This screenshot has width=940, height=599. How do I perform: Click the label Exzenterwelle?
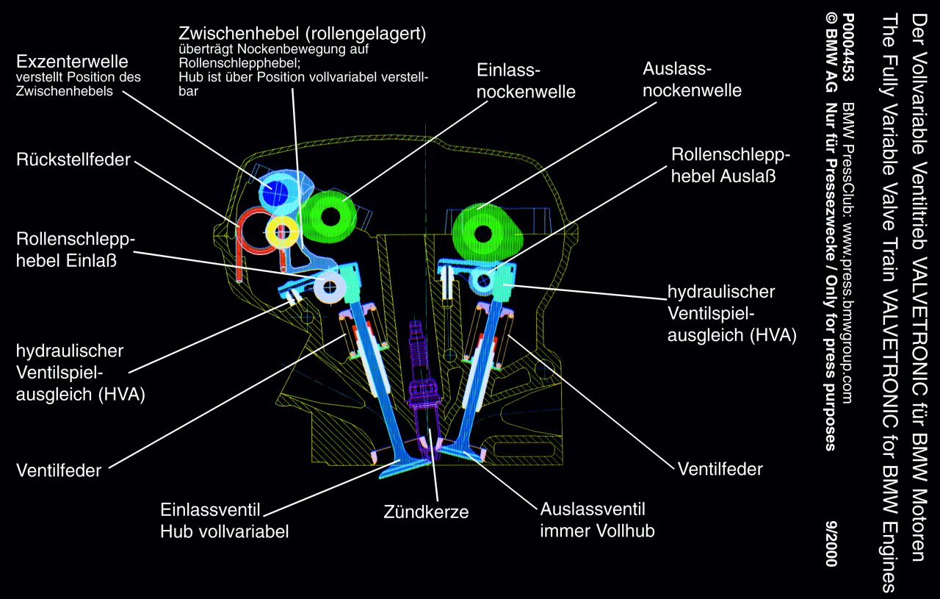pyautogui.click(x=72, y=60)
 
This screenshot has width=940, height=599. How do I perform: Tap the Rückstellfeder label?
pyautogui.click(x=73, y=159)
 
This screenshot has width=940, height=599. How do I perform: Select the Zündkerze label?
pyautogui.click(x=426, y=512)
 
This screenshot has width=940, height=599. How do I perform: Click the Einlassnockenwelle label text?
pyautogui.click(x=525, y=81)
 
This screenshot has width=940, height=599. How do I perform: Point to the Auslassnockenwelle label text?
pyautogui.click(x=692, y=79)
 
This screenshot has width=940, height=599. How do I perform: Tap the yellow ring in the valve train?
pyautogui.click(x=281, y=232)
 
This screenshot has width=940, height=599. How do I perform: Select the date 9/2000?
pyautogui.click(x=830, y=544)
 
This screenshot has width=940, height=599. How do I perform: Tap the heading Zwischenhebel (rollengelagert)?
pyautogui.click(x=303, y=34)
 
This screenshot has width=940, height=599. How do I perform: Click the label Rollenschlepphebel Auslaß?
pyautogui.click(x=730, y=165)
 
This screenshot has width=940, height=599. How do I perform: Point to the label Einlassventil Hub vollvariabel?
pyautogui.click(x=224, y=520)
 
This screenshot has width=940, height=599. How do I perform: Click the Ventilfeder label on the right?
pyautogui.click(x=720, y=468)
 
